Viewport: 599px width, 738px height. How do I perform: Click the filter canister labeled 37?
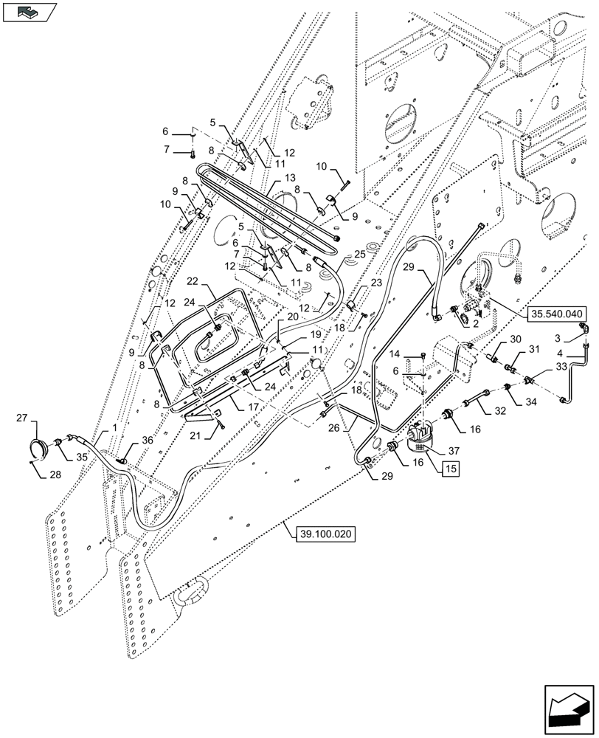[421, 435]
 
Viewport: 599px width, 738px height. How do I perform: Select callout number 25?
[359, 254]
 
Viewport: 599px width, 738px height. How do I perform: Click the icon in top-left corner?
[29, 12]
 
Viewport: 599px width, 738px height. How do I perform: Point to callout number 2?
[477, 323]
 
